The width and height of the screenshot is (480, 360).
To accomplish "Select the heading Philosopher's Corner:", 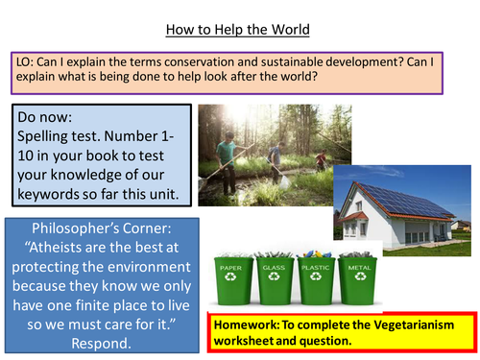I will (x=102, y=233).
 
